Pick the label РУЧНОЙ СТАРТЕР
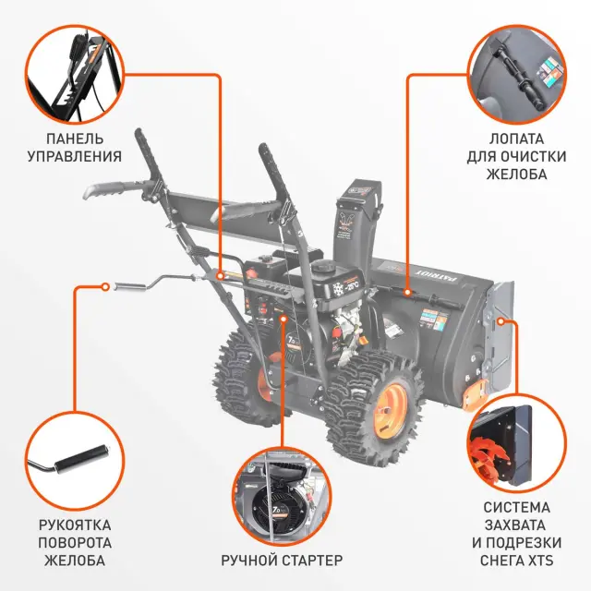pyautogui.click(x=282, y=560)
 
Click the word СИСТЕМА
pyautogui.click(x=516, y=507)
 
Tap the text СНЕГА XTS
pyautogui.click(x=516, y=560)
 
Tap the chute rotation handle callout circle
pyautogui.click(x=74, y=458)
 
